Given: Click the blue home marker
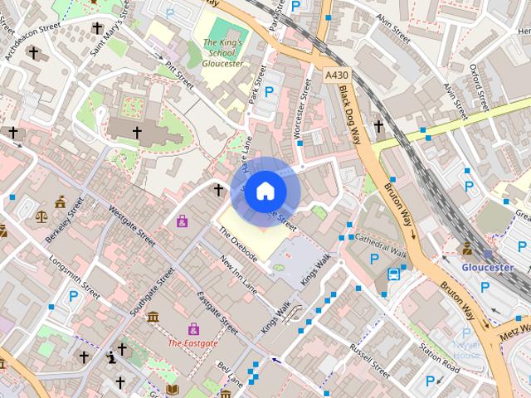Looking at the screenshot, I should click(x=265, y=191).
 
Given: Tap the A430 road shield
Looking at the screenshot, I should click(x=336, y=75).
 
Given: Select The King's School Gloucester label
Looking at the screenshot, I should click(x=222, y=52).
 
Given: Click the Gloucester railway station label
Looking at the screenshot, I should click(x=488, y=268).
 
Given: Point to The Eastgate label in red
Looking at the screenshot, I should click(x=192, y=342).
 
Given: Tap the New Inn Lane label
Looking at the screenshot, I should click(x=239, y=274).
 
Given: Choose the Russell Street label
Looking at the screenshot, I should click(x=369, y=357).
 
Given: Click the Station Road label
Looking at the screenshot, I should click(x=439, y=357).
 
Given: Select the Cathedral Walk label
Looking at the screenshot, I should click(x=381, y=244).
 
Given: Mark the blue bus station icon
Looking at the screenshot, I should click(x=393, y=274).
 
